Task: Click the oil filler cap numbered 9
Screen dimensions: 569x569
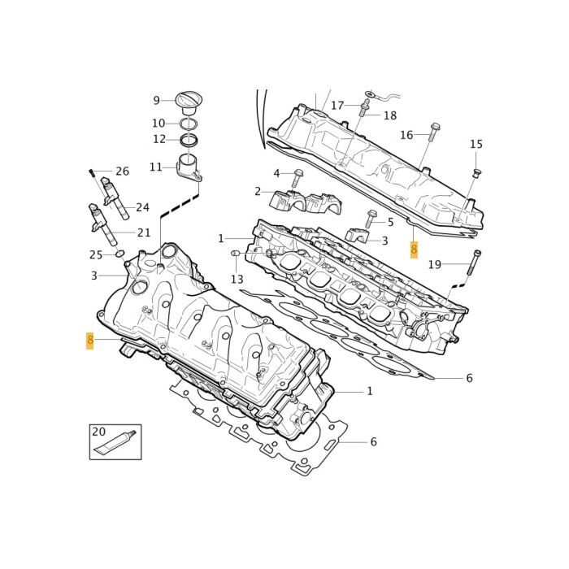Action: [x=189, y=102]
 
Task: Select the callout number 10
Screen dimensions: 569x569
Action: [x=159, y=124]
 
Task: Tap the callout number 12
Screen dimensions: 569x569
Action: [x=159, y=139]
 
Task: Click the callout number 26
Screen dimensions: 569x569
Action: [x=122, y=172]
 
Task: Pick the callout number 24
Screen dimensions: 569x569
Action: [x=142, y=207]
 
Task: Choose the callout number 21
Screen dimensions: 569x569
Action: [x=144, y=232]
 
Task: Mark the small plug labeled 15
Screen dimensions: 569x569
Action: [x=476, y=172]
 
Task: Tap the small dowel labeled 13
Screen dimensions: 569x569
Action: [x=235, y=253]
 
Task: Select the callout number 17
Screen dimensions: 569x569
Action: [x=337, y=106]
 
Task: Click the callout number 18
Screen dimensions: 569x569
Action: [x=390, y=115]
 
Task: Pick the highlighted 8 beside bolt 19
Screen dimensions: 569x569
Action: [x=414, y=250]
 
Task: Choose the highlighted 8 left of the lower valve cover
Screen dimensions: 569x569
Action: [x=89, y=341]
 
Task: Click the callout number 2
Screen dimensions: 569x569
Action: [x=258, y=191]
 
